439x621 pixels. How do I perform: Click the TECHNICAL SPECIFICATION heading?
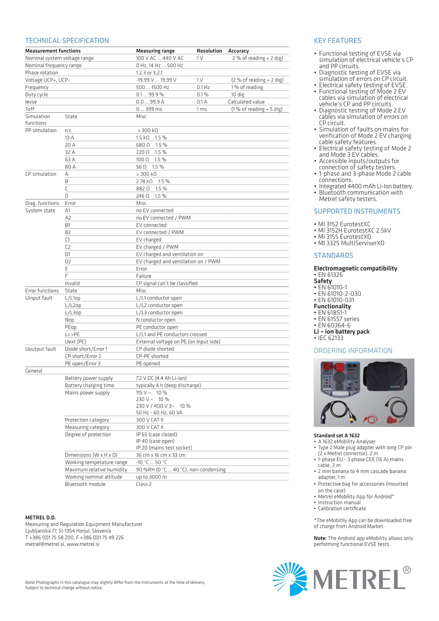click(x=67, y=41)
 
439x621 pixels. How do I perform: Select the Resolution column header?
click(x=209, y=51)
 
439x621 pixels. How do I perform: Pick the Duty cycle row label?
click(x=37, y=94)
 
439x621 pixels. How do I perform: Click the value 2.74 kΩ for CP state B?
click(x=144, y=181)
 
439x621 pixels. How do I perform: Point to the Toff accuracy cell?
click(x=257, y=109)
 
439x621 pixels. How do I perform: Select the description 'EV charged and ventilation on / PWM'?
click(x=178, y=262)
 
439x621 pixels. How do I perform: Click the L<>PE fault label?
click(x=72, y=334)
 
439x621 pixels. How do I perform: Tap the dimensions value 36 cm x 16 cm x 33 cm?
click(x=160, y=455)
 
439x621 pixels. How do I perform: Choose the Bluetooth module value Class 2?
click(x=144, y=484)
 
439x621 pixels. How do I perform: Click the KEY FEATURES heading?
click(x=337, y=41)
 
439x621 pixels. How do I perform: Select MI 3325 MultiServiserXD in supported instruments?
click(x=351, y=243)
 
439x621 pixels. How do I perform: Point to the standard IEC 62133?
click(x=330, y=338)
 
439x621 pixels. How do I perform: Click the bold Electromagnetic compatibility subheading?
click(x=355, y=268)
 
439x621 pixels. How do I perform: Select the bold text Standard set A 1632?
click(x=336, y=436)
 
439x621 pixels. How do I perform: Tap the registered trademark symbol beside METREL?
click(x=407, y=570)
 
